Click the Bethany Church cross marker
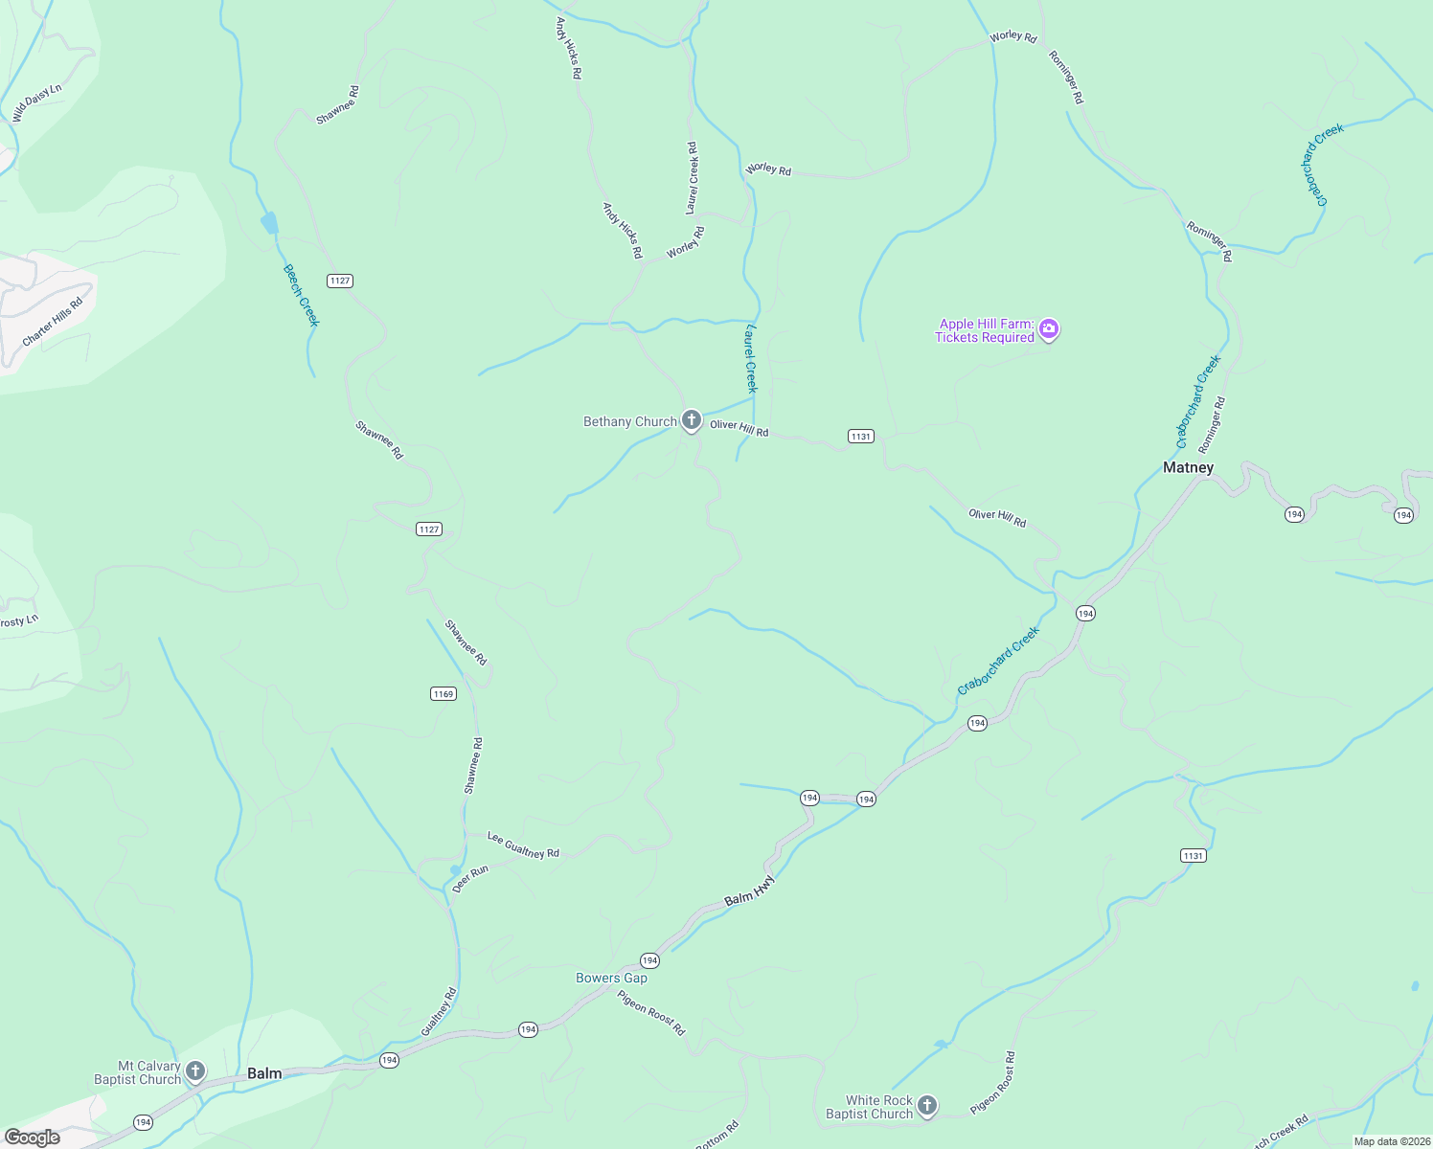pos(691,420)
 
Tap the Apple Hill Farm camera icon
pos(1049,330)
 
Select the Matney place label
pos(1188,467)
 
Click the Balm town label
pos(264,1073)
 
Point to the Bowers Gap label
pos(611,978)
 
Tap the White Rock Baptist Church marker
pos(926,1106)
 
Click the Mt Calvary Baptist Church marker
pos(195,1070)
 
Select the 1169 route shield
pos(443,694)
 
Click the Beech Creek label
pos(301,295)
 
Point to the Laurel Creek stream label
pos(751,359)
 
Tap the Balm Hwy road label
pos(749,891)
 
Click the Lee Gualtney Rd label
pos(523,845)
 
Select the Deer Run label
pos(470,879)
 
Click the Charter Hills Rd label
pos(53,322)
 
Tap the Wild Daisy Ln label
pos(36,102)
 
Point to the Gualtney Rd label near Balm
pos(439,1011)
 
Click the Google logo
pos(33,1138)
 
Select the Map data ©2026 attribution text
pos(1391,1141)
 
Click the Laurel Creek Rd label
pos(692,178)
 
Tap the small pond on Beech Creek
pos(269,223)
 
